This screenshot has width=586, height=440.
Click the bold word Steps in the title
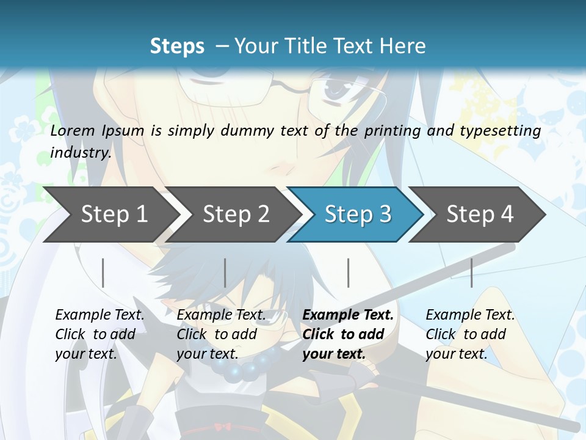click(177, 46)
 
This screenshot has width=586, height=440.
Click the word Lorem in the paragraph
click(73, 130)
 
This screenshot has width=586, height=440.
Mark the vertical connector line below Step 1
click(103, 273)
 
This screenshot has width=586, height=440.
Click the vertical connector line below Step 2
click(225, 273)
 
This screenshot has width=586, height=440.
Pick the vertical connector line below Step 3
click(349, 273)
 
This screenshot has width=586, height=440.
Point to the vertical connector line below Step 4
click(472, 273)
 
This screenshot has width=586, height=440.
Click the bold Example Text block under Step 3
click(347, 334)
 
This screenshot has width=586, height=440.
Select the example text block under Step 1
click(99, 334)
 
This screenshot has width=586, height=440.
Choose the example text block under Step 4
click(469, 334)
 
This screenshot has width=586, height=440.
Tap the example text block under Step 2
click(221, 334)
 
